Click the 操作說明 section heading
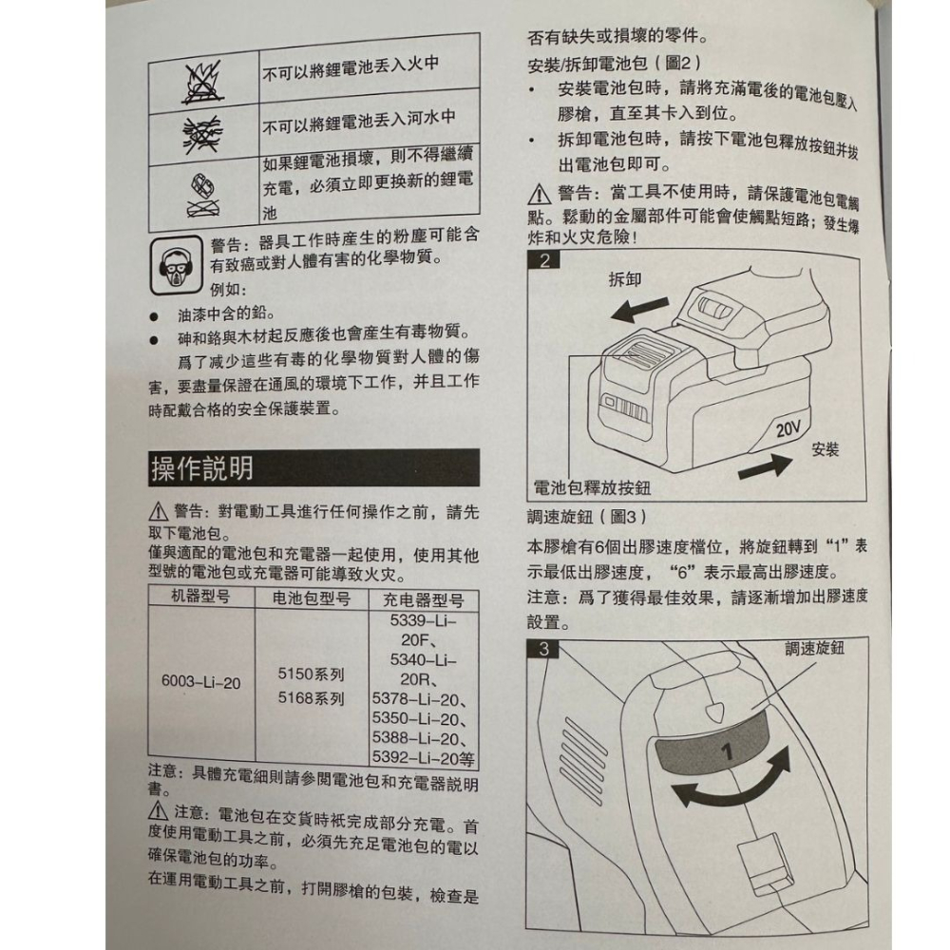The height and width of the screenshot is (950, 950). [202, 468]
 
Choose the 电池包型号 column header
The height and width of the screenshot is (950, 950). [312, 598]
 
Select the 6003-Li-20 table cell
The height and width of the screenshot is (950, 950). [200, 682]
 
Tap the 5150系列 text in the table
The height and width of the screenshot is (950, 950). [311, 674]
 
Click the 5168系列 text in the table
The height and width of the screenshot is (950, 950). [311, 699]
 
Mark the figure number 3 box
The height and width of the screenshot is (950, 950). [543, 650]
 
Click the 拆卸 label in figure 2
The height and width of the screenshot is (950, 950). [624, 280]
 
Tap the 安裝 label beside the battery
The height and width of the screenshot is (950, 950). [826, 448]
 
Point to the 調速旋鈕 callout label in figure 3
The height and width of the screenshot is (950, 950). [815, 648]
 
